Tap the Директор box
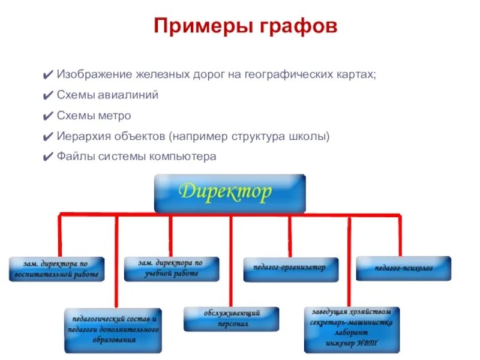click(230, 193)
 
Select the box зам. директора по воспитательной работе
click(57, 269)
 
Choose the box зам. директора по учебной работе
click(172, 269)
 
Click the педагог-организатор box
click(290, 269)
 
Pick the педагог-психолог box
click(404, 268)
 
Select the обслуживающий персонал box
click(231, 319)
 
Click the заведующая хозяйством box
click(352, 329)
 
